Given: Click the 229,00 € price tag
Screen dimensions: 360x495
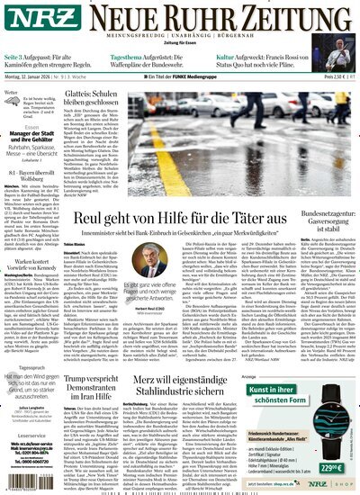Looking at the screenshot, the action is (x=334, y=469).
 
